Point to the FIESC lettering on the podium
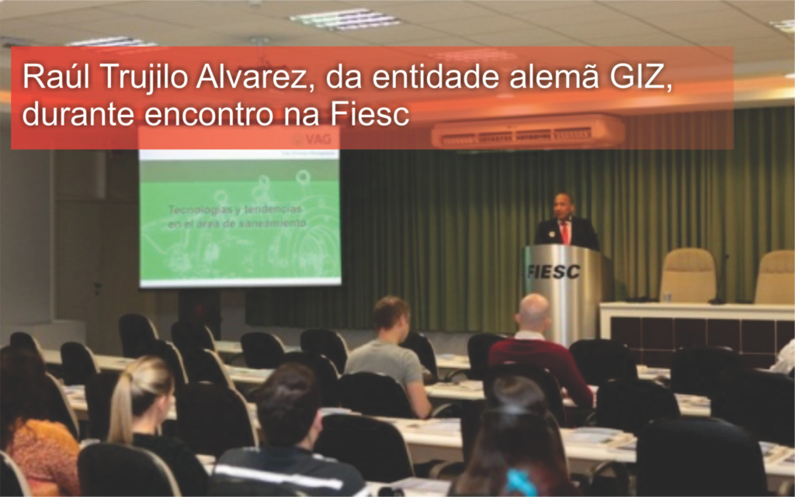click(x=553, y=271)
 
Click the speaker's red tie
click(x=565, y=232)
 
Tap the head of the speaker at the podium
click(x=563, y=205)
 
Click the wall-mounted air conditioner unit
click(x=528, y=133)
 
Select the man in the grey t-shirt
click(x=386, y=357)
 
